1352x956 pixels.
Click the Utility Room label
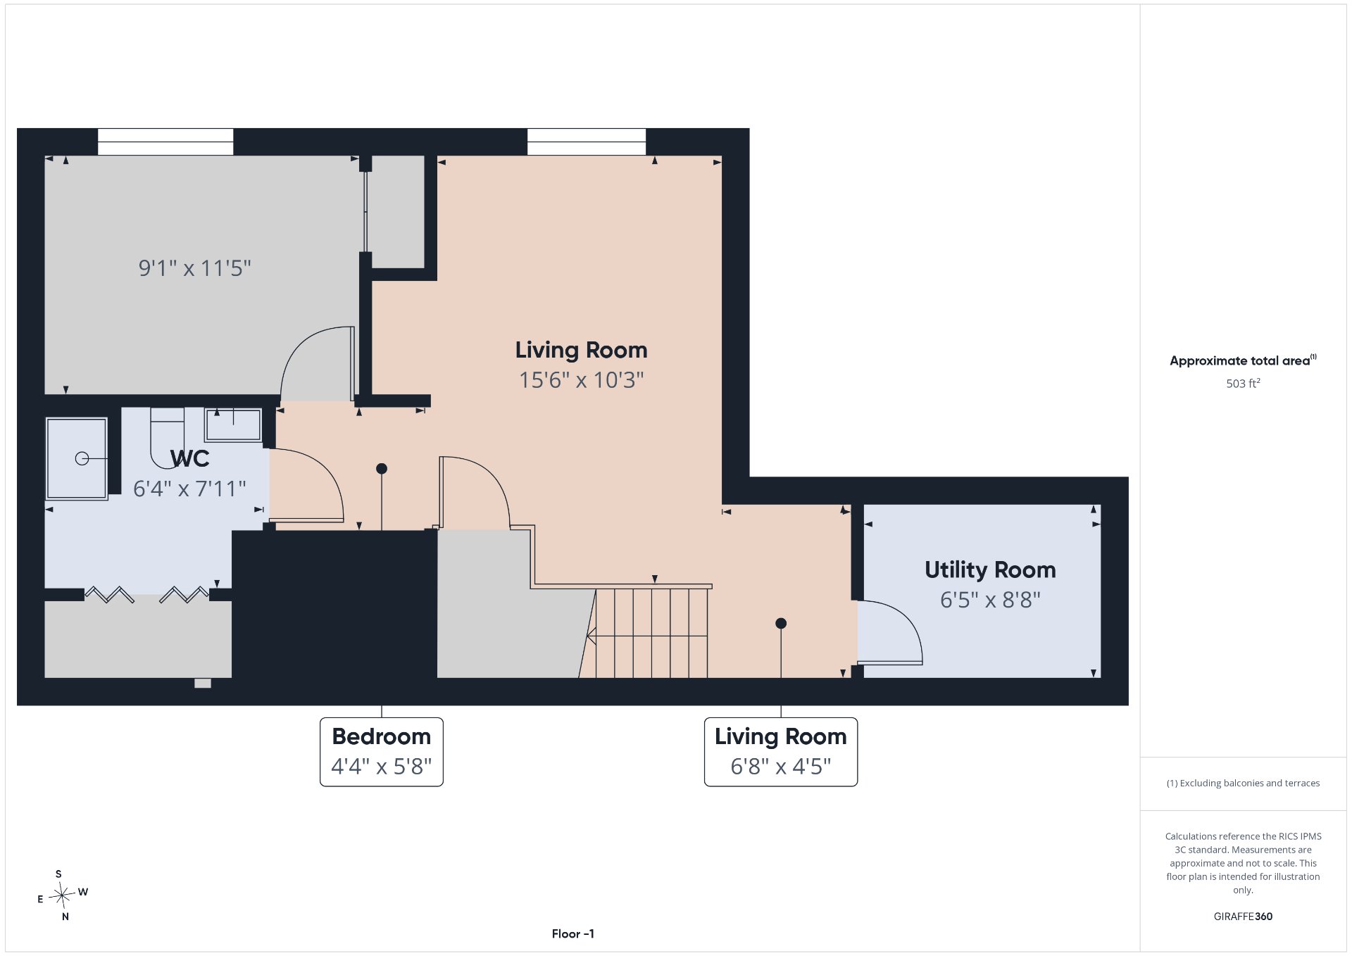(x=990, y=570)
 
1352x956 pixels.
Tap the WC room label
(x=190, y=459)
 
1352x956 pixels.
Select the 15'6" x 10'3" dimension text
(x=581, y=380)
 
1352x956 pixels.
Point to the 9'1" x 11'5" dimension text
(x=194, y=268)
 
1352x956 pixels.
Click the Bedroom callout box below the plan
(x=382, y=752)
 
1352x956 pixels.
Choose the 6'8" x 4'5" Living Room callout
(x=781, y=752)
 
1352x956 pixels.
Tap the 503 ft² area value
(x=1243, y=384)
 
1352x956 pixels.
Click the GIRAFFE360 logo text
(x=1243, y=917)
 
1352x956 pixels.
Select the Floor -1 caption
(x=573, y=934)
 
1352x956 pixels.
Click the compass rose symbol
(x=63, y=895)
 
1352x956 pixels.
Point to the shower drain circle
(x=82, y=459)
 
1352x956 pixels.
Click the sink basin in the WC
(x=233, y=424)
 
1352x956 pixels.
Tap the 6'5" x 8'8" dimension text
(x=990, y=600)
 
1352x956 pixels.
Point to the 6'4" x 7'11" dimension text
(x=189, y=489)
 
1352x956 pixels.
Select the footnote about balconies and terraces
(x=1243, y=784)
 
